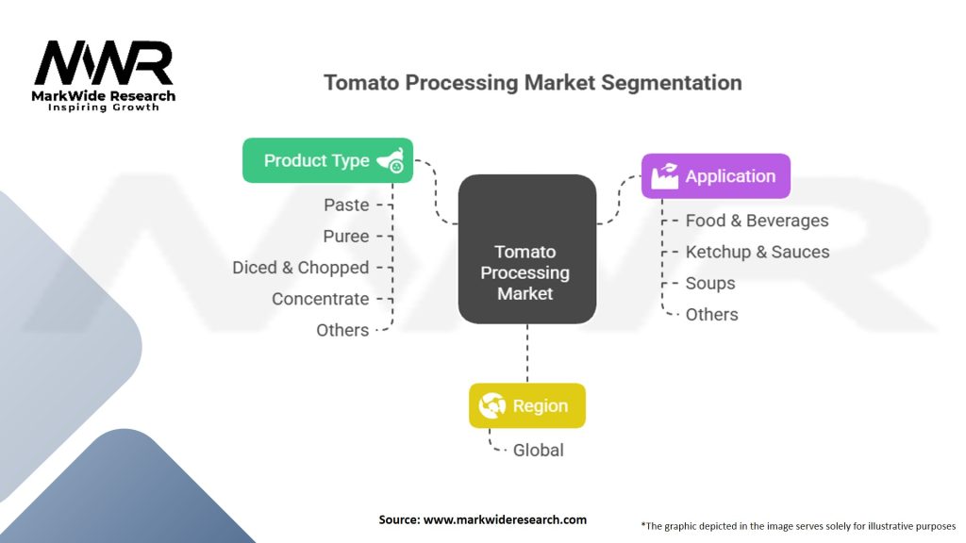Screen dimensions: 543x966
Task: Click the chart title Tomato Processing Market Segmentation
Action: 532,82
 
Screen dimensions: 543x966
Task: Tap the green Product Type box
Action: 327,160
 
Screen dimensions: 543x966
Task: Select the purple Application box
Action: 715,176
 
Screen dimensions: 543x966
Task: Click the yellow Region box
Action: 526,406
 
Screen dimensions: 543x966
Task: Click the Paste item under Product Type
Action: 346,205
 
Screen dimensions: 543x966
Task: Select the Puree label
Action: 346,236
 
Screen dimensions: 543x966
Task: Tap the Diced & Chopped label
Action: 300,268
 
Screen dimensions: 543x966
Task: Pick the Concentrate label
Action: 320,299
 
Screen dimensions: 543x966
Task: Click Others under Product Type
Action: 342,330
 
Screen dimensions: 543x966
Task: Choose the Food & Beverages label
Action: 757,221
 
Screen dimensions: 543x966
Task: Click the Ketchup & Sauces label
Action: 757,252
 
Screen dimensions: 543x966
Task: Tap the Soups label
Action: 709,283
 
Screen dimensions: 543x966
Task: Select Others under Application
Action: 711,315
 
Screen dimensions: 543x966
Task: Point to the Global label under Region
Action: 538,451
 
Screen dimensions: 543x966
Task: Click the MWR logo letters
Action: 104,63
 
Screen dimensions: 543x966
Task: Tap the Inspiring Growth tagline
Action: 104,107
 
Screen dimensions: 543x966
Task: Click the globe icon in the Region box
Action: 491,406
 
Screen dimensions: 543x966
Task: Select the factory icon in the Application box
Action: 664,176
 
